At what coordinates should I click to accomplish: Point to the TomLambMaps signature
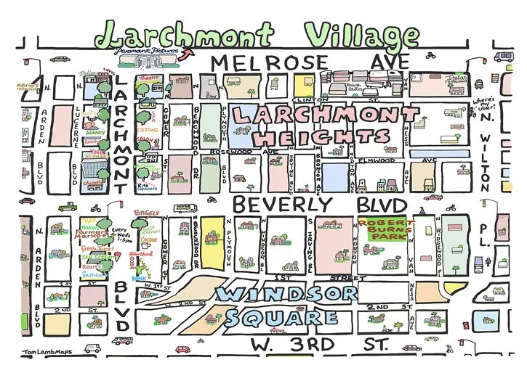tap(35, 353)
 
